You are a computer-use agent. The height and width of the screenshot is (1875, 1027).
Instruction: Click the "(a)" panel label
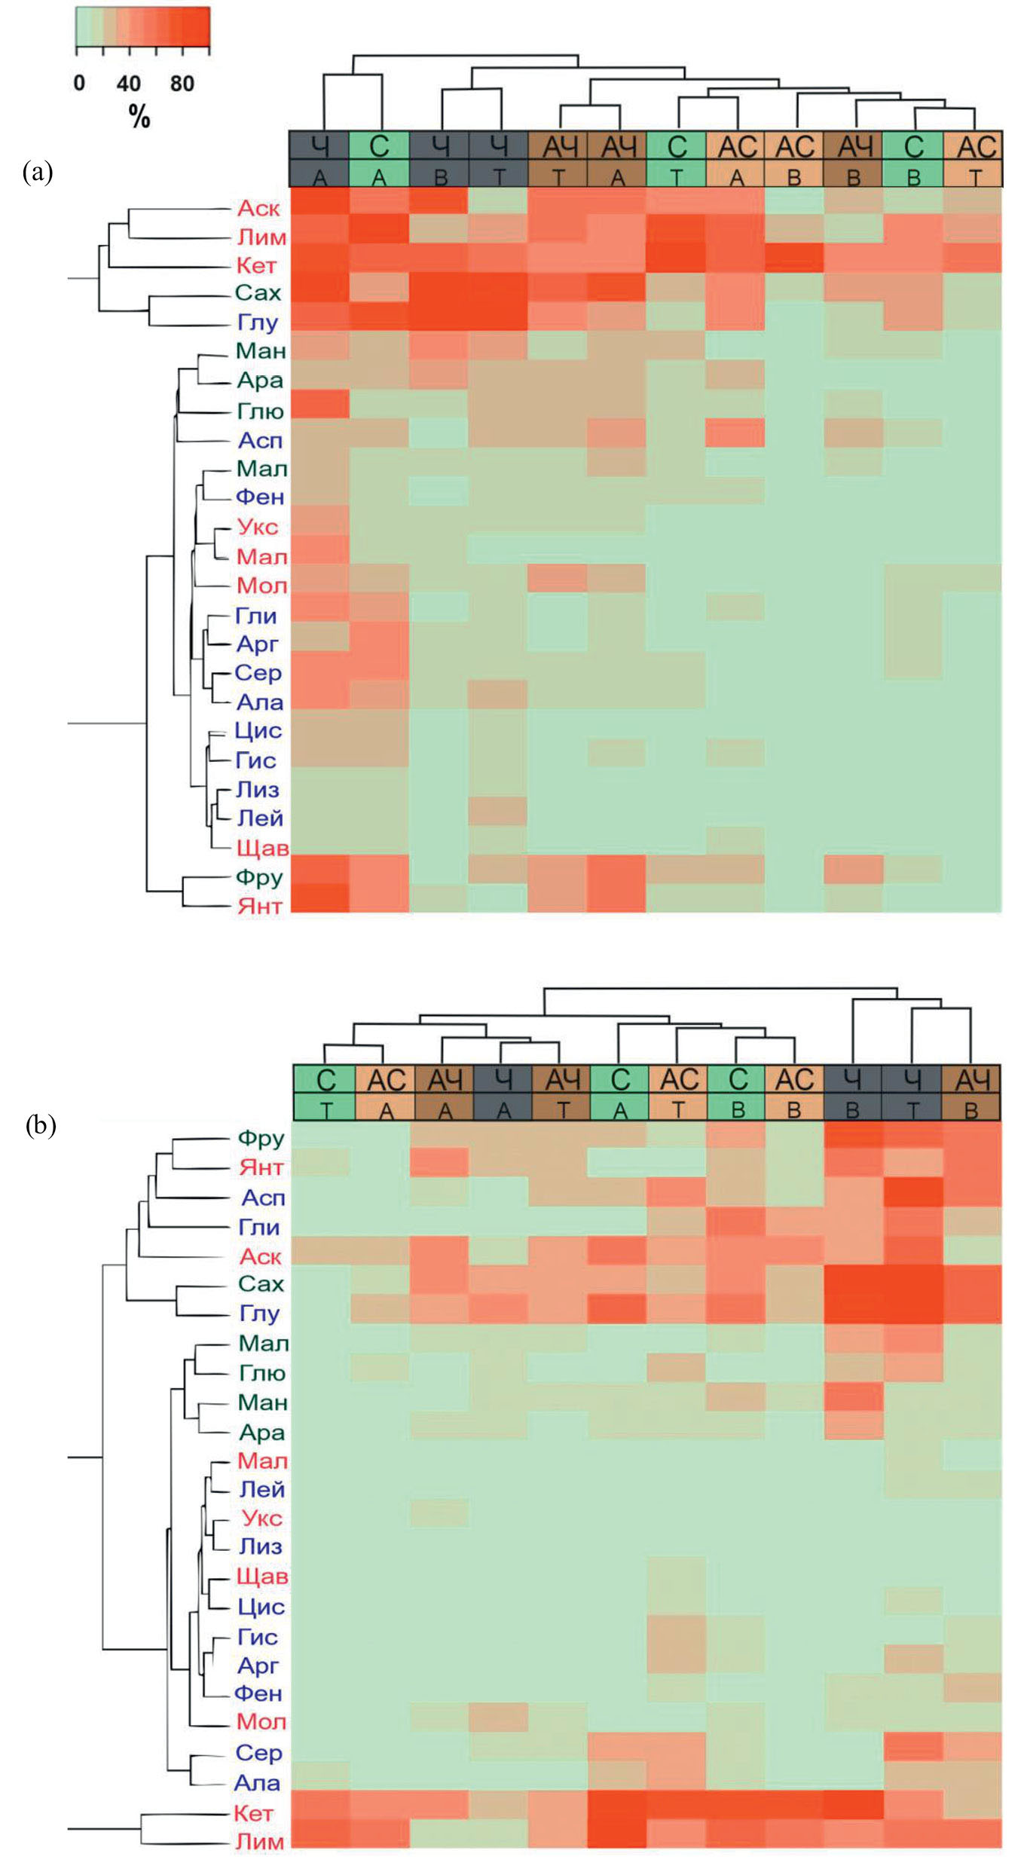[x=38, y=173]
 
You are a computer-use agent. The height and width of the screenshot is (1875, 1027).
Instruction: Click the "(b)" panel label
[x=41, y=1125]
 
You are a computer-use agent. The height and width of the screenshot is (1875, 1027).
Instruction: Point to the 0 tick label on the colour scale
[x=79, y=83]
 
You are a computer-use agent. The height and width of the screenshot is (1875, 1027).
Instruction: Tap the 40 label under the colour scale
[x=128, y=83]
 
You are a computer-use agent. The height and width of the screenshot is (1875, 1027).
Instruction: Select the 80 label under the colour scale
[x=182, y=83]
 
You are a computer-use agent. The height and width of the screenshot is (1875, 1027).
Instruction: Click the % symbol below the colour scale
[x=139, y=117]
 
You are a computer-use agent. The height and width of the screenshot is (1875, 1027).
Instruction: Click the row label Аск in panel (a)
[x=258, y=208]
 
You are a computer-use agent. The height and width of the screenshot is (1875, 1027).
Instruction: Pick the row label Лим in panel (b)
[x=260, y=1841]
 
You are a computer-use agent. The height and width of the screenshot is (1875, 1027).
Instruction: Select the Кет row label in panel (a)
[x=256, y=265]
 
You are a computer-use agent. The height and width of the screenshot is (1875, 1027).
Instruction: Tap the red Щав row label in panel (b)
[x=261, y=1576]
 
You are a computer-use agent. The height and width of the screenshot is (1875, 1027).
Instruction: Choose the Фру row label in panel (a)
[x=258, y=877]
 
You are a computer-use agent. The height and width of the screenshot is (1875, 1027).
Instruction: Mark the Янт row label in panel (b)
[x=261, y=1167]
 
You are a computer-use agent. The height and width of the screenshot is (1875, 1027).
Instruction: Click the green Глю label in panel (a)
[x=260, y=411]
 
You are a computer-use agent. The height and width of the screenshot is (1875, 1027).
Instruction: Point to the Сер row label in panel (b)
[x=258, y=1752]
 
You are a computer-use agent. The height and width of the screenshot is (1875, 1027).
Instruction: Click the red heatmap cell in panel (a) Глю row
[x=319, y=404]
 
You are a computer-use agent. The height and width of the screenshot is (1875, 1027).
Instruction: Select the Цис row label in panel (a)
[x=258, y=730]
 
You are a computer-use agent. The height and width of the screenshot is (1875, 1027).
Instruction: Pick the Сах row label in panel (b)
[x=261, y=1283]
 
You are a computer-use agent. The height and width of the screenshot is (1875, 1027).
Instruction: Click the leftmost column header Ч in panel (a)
[x=319, y=145]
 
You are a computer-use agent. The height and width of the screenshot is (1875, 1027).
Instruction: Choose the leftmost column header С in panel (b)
[x=326, y=1080]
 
